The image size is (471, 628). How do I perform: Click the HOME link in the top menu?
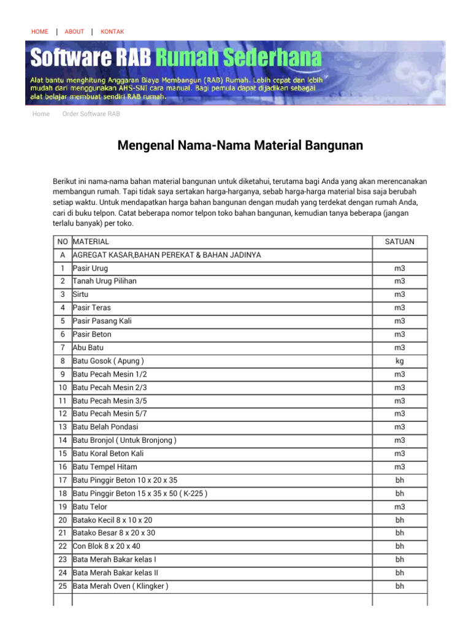(39, 31)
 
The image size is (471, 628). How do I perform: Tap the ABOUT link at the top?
(74, 31)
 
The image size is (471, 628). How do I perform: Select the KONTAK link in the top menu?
(112, 31)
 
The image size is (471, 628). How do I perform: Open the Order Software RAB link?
(91, 114)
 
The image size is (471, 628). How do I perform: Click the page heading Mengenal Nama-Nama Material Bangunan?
(240, 145)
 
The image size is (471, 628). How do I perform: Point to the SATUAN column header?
(399, 242)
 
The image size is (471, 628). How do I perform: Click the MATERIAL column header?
(91, 242)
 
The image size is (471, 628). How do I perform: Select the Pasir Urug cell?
(90, 268)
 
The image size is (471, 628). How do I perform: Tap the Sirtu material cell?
(81, 294)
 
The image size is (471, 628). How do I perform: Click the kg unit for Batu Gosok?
(399, 361)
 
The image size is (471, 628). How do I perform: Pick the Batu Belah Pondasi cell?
(105, 427)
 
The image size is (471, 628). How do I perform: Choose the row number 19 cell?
(63, 507)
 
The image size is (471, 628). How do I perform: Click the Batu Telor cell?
(90, 507)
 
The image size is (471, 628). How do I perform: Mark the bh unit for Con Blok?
(399, 546)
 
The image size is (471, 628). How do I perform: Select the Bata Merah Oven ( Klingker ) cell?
(121, 586)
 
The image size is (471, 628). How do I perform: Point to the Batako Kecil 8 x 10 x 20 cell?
(113, 519)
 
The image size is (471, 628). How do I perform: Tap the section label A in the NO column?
(63, 255)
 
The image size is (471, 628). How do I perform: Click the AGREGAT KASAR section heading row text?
(167, 255)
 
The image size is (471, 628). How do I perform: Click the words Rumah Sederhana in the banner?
(238, 59)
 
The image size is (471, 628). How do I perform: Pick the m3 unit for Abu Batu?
(399, 348)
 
